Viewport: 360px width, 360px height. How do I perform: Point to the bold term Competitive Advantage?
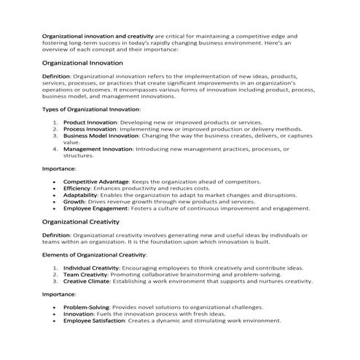96,181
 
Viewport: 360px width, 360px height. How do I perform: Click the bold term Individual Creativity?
91,267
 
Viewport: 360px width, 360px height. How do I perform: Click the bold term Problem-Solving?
87,307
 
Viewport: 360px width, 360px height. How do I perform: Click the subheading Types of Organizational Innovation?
91,109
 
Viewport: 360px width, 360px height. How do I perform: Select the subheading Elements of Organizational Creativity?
94,254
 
